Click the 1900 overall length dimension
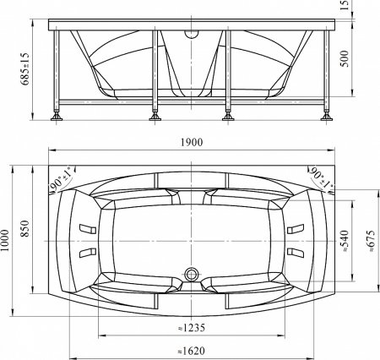192,142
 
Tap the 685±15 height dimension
25,68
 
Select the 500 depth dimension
345,58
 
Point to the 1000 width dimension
5,241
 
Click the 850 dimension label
25,228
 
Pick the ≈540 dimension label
345,241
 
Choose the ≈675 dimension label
372,241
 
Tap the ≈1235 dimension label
192,328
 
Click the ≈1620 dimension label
192,351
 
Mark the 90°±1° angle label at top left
62,179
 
